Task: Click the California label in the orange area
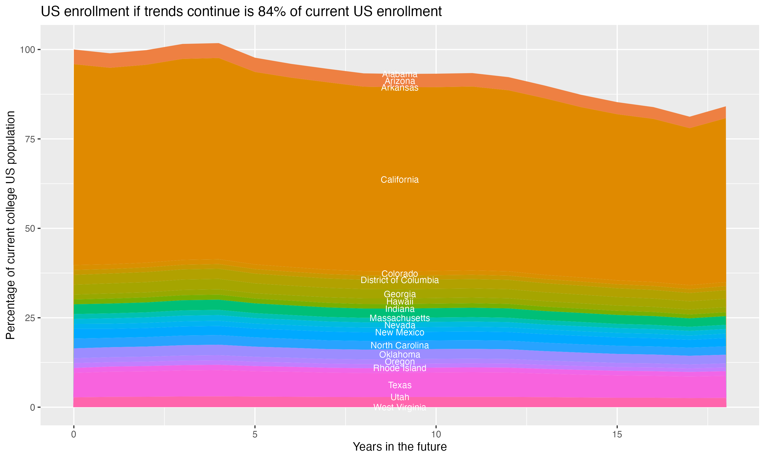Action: coord(400,180)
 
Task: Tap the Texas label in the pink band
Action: coord(400,385)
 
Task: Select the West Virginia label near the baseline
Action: coord(400,407)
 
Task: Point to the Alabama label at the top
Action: coord(400,74)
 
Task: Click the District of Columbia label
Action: coord(400,280)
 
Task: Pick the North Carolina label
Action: coord(400,345)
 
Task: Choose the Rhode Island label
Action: coord(400,368)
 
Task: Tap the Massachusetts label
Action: coord(400,318)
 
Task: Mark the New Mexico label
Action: coord(400,333)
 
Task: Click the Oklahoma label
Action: coord(400,354)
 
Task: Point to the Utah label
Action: coord(400,397)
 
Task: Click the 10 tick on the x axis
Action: coord(436,435)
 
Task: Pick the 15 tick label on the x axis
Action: coord(617,435)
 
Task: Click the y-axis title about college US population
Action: coord(10,225)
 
